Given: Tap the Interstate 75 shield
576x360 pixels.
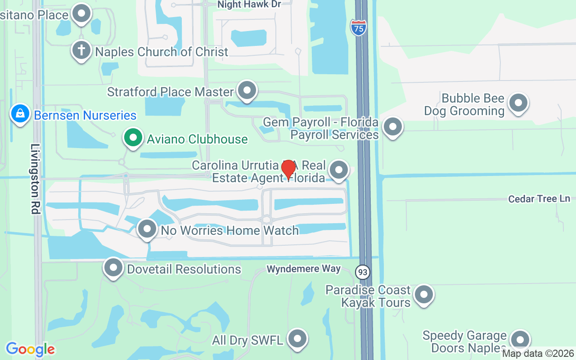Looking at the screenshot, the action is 358,27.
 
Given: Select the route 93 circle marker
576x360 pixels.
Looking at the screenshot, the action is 362,272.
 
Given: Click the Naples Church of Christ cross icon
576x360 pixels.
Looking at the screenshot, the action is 81,50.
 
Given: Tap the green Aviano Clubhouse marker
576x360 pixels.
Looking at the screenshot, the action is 133,138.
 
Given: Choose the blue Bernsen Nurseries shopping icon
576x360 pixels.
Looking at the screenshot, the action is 20,114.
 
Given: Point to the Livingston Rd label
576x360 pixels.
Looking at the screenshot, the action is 36,179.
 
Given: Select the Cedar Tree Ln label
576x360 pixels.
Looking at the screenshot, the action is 539,198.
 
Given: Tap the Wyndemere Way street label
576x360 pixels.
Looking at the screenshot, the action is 303,269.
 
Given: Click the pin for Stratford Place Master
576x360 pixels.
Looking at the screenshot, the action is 247,90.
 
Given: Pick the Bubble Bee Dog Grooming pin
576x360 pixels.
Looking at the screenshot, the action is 518,103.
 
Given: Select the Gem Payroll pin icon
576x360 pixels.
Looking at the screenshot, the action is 393,127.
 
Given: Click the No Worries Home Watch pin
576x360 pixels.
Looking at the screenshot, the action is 147,229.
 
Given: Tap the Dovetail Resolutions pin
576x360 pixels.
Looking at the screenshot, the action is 113,268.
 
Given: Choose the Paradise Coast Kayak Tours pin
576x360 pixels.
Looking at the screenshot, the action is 423,295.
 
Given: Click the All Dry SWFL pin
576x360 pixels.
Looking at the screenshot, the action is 297,339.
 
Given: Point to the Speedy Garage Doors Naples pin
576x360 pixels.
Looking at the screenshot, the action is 520,341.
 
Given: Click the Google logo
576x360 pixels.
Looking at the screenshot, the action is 30,349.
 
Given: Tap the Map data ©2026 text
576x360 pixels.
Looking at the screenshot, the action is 538,354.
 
